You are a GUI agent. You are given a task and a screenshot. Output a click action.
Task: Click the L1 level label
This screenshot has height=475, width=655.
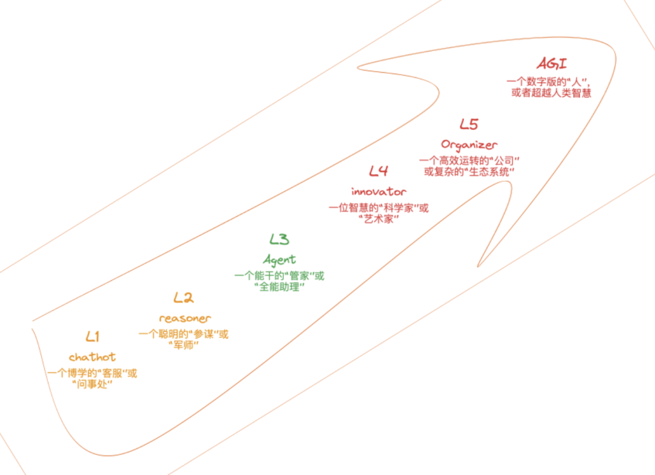pos(93,336)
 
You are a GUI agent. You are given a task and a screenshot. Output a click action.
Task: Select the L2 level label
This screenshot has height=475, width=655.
pos(183,297)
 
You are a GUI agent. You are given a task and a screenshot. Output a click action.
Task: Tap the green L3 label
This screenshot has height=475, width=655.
pos(279,239)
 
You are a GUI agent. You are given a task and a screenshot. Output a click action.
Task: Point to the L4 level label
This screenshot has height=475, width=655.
pos(378,170)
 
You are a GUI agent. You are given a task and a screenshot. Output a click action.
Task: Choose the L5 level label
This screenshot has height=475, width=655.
pos(469,124)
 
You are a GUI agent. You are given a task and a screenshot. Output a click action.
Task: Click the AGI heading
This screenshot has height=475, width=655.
pos(551,64)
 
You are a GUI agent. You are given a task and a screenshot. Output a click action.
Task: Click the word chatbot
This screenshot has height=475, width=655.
pos(92,357)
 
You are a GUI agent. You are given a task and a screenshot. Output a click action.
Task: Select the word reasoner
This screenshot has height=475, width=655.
pos(185,318)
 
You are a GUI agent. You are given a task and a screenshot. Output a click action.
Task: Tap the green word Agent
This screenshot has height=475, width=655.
pos(280,260)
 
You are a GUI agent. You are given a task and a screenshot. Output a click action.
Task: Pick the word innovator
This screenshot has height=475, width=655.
pos(378,192)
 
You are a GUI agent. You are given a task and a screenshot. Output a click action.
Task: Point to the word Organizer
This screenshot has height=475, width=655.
pos(469,144)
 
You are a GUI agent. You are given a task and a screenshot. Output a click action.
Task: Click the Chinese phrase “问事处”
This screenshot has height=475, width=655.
pos(92,384)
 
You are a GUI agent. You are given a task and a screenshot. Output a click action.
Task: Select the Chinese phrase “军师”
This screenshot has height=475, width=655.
pos(183,345)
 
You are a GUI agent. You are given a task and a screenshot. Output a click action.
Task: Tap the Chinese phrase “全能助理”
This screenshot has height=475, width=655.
pos(279,287)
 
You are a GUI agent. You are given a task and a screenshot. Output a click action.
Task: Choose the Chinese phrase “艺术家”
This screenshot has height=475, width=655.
pos(378,219)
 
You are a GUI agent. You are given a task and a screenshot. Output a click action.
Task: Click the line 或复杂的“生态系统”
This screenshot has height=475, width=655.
pos(469,172)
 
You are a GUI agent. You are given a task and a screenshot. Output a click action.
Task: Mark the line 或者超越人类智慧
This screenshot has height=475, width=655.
pos(551,93)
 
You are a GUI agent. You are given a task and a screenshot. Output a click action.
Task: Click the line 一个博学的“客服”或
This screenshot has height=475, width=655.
pos(92,373)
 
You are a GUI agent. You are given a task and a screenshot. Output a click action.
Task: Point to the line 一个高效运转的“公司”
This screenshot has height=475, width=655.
pos(469,161)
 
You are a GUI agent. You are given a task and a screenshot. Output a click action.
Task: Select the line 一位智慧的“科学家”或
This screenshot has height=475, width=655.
pos(378,208)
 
